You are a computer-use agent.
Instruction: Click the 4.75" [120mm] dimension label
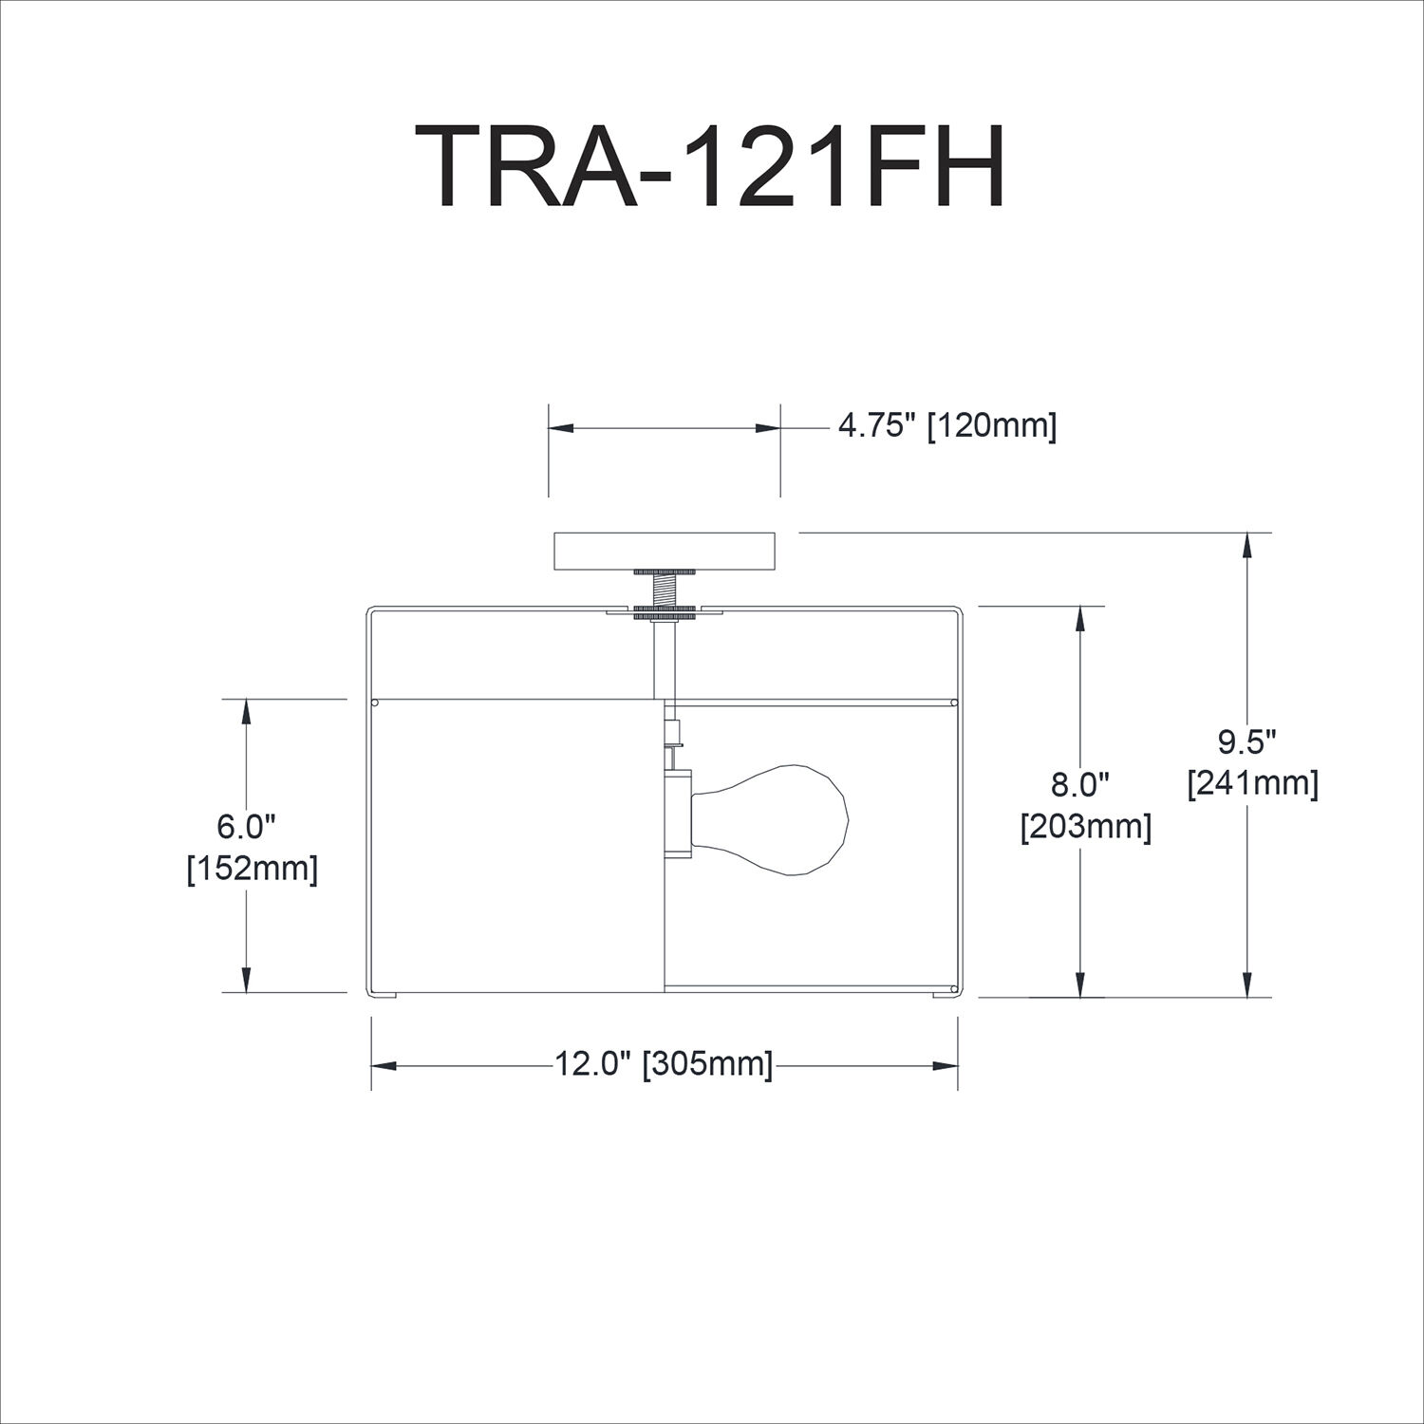click(x=946, y=427)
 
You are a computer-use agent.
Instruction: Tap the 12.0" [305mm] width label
click(x=664, y=1064)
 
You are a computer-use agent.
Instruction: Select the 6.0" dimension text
click(x=246, y=827)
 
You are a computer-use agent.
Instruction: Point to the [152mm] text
click(x=252, y=869)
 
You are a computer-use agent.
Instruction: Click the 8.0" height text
click(x=1080, y=785)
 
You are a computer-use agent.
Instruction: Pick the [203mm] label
click(x=1086, y=827)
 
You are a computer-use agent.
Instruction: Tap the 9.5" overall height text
click(x=1246, y=741)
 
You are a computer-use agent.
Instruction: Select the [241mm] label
click(x=1252, y=783)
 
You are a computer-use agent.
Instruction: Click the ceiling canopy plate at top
click(x=665, y=552)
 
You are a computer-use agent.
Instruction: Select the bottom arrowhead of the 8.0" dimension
click(x=1079, y=985)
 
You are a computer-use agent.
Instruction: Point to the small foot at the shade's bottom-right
click(x=945, y=994)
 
